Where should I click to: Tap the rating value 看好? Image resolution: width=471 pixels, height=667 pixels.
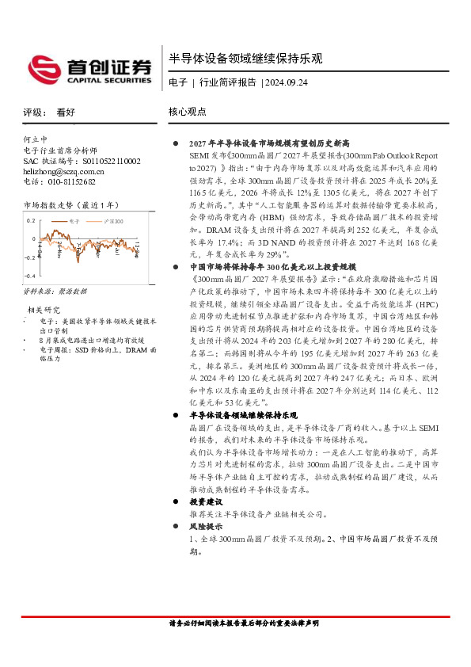click(66, 112)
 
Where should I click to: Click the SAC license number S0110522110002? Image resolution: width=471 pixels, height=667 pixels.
click(101, 161)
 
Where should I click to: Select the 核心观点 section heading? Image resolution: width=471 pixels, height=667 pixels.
click(188, 112)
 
